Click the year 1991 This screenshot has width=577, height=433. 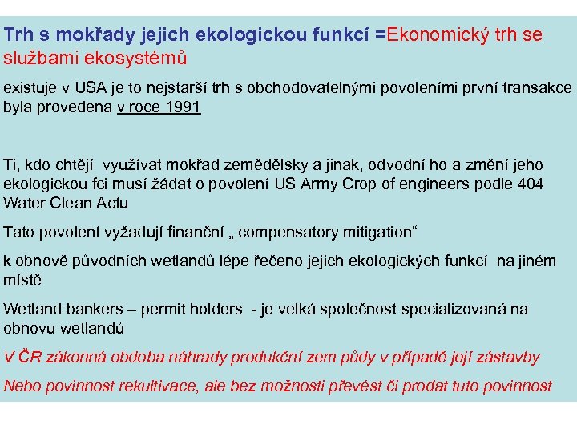pos(178,107)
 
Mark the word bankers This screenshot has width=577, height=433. pos(97,309)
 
